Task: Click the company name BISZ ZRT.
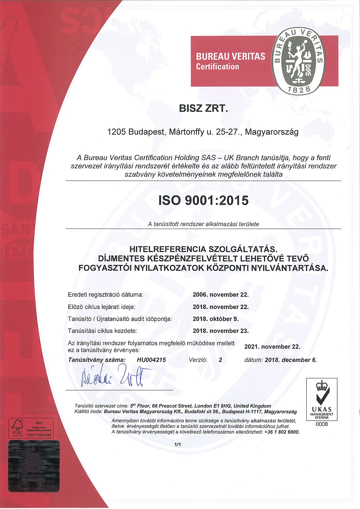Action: coord(203,108)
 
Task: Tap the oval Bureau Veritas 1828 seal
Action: coord(299,61)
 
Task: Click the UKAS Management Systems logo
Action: coord(322,399)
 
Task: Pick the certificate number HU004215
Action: coord(151,360)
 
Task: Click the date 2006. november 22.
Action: coord(221,295)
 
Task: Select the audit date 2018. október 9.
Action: coord(216,319)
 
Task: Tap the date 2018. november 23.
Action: coord(221,331)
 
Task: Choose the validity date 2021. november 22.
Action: coord(272,347)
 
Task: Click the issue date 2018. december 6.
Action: coord(291,360)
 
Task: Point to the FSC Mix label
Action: coord(31,428)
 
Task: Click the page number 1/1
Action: coord(177,445)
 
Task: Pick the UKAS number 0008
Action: coord(322,424)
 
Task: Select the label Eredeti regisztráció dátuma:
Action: coord(105,295)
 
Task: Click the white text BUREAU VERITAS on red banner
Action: coord(231,56)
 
